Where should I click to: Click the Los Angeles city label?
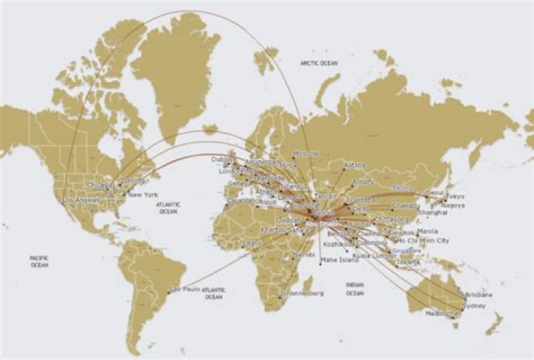tap(81, 200)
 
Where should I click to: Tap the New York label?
tap(143, 195)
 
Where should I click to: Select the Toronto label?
tap(133, 180)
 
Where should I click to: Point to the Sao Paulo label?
tap(186, 288)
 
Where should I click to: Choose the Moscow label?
tap(306, 154)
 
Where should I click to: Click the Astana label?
tap(355, 164)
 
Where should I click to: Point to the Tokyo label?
tap(455, 197)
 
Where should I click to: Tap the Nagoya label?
tap(453, 205)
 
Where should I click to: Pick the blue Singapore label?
tap(406, 251)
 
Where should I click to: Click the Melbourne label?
tap(444, 314)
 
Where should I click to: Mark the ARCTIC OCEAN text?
tap(319, 64)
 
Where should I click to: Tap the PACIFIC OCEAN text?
tap(39, 261)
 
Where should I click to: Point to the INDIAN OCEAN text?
tap(355, 289)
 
